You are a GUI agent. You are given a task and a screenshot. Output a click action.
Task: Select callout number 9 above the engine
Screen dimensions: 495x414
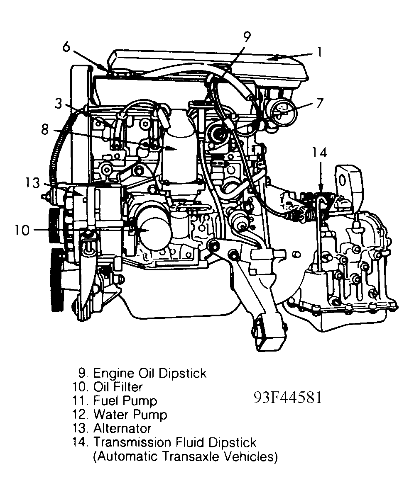[x=247, y=37]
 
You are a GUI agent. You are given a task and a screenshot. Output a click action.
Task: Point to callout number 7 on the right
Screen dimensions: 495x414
[x=319, y=103]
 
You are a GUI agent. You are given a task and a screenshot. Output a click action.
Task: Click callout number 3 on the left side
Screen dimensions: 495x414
[x=59, y=104]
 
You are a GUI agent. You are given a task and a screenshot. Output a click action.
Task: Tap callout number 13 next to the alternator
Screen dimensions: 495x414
[x=31, y=183]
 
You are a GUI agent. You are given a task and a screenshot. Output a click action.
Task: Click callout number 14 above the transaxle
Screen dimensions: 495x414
[x=320, y=153]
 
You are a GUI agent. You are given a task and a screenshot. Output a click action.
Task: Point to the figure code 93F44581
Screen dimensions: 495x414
[x=288, y=397]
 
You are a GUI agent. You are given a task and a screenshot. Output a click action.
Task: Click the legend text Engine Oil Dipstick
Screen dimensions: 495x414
[x=149, y=373]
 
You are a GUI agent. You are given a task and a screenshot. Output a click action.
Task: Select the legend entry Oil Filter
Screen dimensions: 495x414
[x=118, y=387]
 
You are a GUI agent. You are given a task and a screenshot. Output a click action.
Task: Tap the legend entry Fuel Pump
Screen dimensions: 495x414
[x=125, y=400]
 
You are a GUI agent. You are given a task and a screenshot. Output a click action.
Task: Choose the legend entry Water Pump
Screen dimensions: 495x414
[x=130, y=414]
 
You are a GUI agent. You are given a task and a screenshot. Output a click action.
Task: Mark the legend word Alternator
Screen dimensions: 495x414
[x=122, y=428]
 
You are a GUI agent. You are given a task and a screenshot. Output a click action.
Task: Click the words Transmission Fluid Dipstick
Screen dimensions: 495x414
[x=175, y=442]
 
